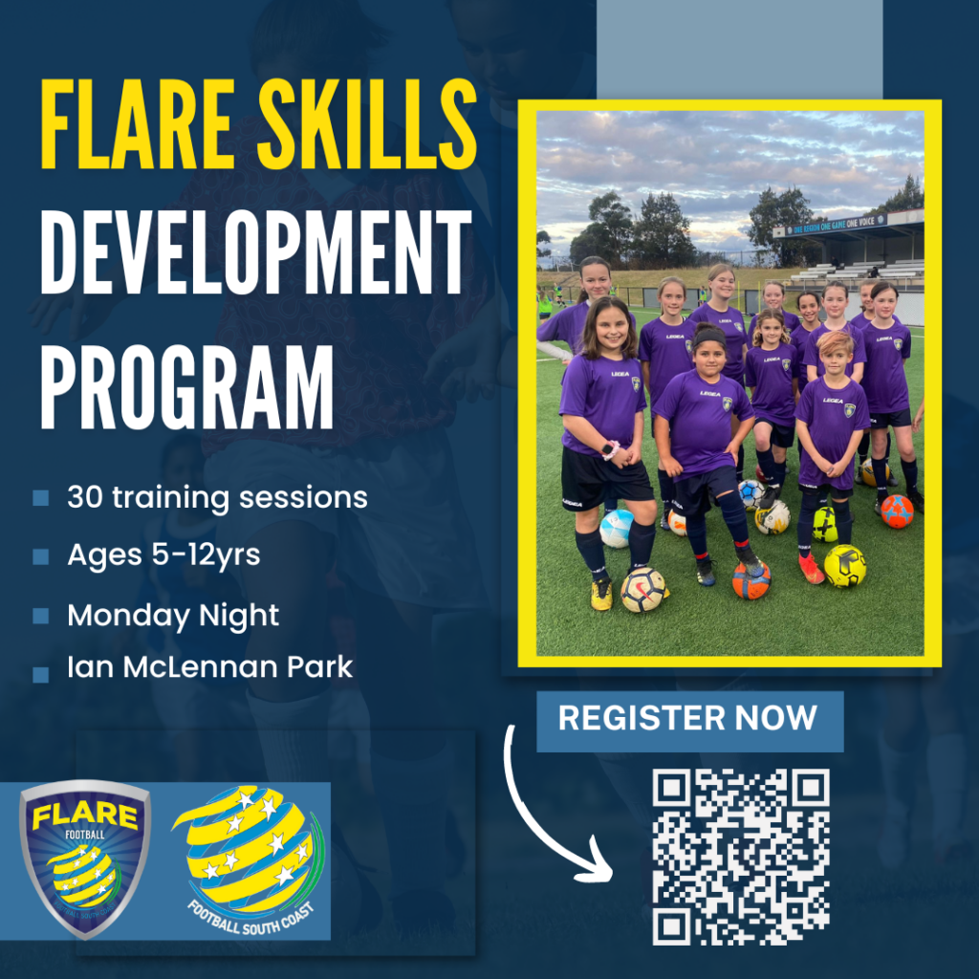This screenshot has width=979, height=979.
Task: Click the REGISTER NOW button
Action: coord(687,719)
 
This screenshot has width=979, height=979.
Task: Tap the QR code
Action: coord(741,857)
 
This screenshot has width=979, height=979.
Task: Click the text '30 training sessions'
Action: coord(217,497)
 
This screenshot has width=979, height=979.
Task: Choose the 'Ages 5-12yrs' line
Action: coord(163,555)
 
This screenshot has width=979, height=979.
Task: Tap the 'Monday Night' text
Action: coord(173,616)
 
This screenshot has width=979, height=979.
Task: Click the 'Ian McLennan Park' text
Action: coord(209,666)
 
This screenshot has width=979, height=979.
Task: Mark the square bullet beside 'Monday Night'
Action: coord(40,617)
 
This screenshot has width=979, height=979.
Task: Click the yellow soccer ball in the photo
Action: coord(845,566)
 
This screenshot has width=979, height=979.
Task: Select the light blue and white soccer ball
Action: coord(617,528)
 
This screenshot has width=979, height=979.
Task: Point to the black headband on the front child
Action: coord(708,337)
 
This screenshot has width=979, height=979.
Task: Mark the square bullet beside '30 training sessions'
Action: coord(40,498)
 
